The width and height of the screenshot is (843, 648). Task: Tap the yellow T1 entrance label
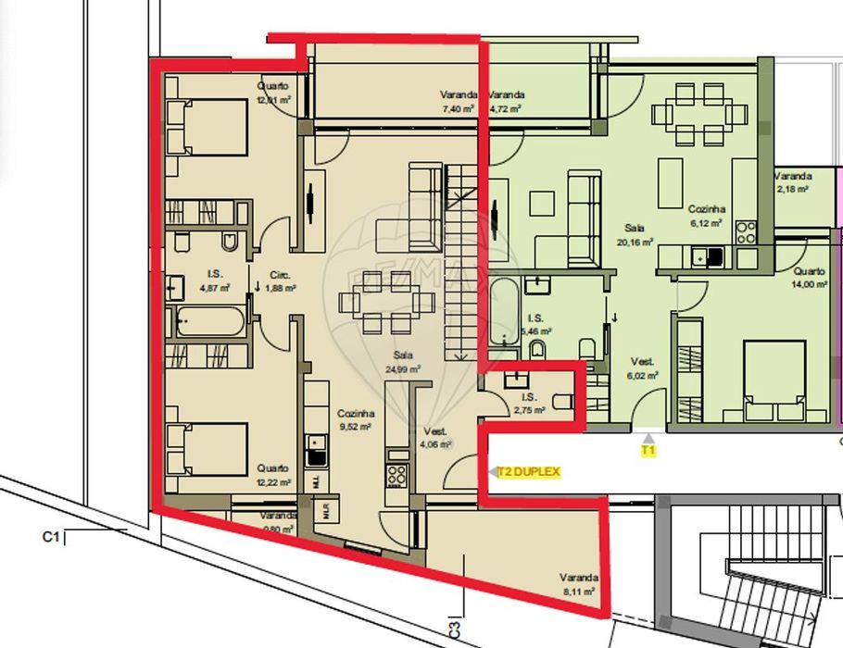coord(648,451)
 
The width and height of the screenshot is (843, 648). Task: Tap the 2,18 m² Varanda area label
coord(793,182)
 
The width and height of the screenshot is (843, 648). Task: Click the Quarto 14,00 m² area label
coord(810,278)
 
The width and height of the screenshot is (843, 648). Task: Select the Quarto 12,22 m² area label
coord(272,476)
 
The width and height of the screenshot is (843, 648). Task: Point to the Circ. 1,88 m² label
coord(281,281)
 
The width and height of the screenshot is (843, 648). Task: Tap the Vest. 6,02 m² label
coord(642,368)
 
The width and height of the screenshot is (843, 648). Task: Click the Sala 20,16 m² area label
coord(635,234)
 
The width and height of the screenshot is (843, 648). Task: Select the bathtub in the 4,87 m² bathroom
coord(209,322)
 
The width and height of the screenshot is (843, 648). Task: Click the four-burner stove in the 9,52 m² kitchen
coord(397,476)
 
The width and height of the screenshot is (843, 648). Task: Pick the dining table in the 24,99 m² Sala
coord(388,302)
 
